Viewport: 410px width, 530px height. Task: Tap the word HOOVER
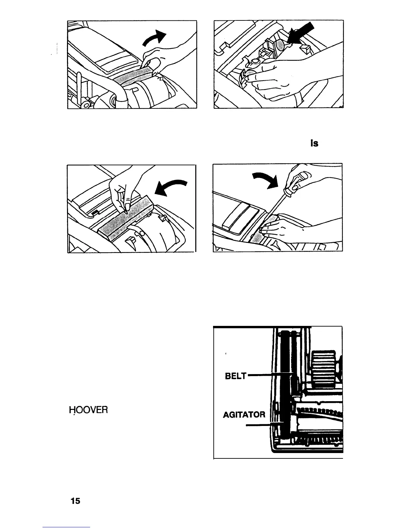[x=88, y=410]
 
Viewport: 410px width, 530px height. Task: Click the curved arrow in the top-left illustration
[x=155, y=38]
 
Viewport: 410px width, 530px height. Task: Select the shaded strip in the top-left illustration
[x=131, y=77]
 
